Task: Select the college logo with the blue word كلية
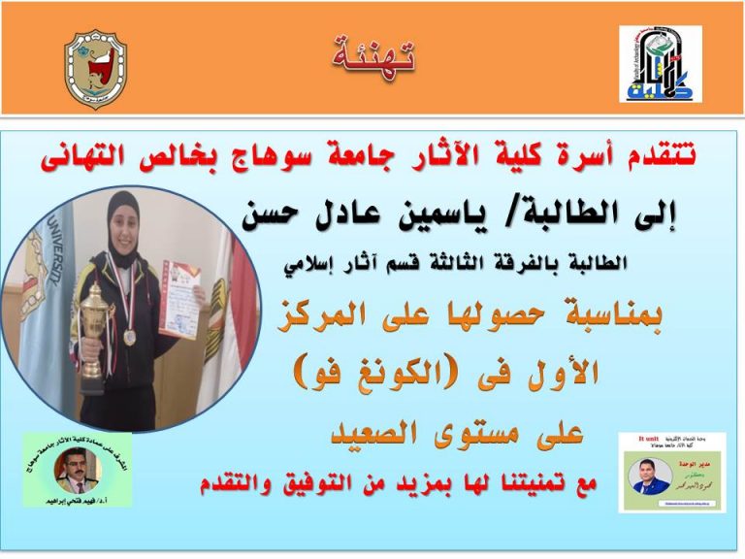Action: [x=660, y=65]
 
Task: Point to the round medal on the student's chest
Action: [x=130, y=337]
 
